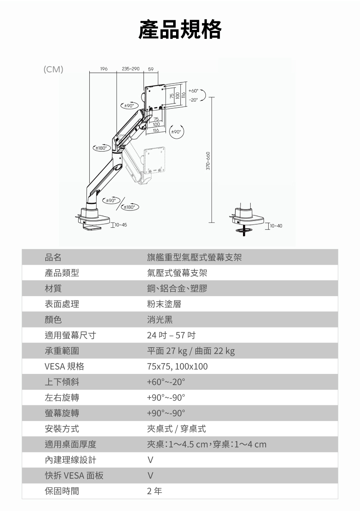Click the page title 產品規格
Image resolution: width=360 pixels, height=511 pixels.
(180, 29)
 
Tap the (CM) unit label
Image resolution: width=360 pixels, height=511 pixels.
(53, 69)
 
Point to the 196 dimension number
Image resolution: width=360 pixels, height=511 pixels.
(104, 69)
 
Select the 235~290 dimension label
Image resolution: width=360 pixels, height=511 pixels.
(131, 69)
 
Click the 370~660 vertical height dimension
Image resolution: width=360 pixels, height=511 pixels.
(208, 160)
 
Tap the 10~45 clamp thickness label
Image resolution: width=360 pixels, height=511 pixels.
(120, 225)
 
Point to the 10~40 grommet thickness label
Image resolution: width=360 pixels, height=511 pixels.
(276, 226)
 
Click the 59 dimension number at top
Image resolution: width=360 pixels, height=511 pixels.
(151, 69)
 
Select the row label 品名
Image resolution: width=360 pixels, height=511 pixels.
(53, 257)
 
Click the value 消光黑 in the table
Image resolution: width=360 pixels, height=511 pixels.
(160, 320)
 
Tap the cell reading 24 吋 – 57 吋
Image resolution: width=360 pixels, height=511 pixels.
(171, 335)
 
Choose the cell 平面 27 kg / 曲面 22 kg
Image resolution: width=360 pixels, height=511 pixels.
(191, 351)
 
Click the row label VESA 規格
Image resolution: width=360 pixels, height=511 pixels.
(64, 366)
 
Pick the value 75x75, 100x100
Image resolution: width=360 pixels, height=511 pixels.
(177, 366)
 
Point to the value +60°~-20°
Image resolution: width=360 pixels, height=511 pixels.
(166, 382)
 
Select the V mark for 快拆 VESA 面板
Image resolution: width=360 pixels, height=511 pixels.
(150, 475)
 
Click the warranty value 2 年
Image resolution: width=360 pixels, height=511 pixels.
(154, 491)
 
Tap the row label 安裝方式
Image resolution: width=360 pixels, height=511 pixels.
(62, 429)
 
